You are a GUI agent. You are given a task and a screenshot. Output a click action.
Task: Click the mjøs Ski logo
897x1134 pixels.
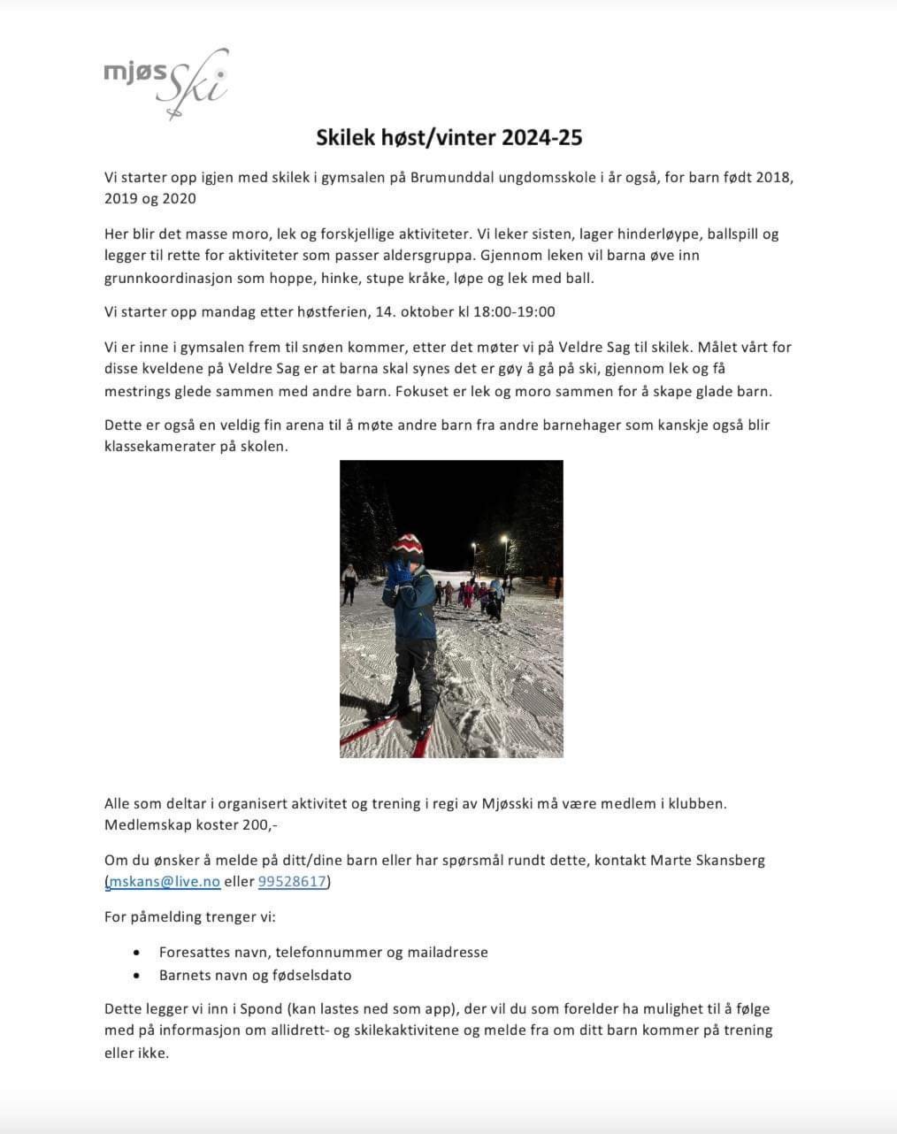[166, 82]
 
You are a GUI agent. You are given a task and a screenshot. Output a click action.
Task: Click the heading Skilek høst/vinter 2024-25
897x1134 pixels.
[449, 137]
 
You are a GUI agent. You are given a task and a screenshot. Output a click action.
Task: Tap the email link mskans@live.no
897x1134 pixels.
[165, 881]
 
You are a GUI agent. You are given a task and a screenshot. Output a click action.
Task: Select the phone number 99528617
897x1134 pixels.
[292, 881]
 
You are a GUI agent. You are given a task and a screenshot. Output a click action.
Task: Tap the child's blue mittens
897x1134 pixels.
[400, 572]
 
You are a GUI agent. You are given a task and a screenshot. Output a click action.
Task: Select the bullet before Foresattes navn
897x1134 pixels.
[136, 953]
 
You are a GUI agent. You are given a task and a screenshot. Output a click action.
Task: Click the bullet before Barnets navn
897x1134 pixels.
[136, 976]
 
